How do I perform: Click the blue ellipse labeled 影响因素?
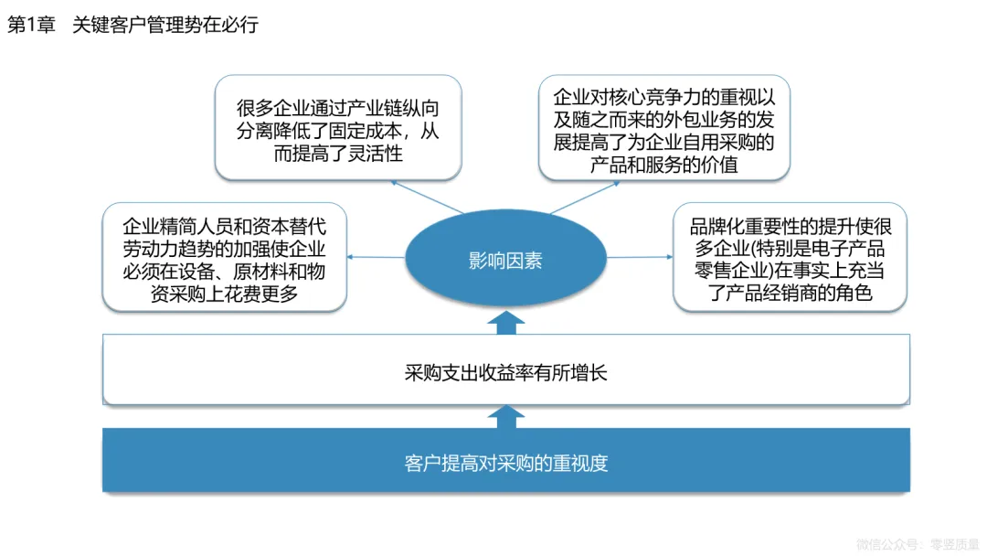pos(505,261)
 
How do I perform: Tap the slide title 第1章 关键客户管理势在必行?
pos(133,25)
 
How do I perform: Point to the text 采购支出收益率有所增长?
pos(505,373)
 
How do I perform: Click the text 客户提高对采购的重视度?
pos(505,464)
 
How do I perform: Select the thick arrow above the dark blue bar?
pos(506,417)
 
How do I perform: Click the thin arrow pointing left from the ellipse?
pos(376,257)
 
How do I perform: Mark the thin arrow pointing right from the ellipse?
pos(640,257)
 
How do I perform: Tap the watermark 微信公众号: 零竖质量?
pos(917,543)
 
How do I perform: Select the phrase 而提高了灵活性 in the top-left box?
pos(338,154)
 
